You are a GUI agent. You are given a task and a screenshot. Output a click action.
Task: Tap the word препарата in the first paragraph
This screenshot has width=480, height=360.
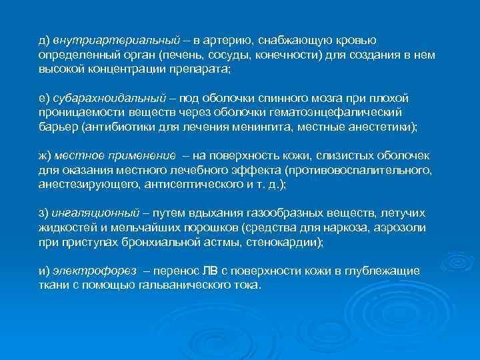198,69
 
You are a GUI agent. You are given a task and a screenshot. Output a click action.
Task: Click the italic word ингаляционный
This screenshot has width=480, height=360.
95,213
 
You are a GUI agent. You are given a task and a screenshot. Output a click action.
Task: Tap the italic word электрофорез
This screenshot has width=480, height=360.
93,271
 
